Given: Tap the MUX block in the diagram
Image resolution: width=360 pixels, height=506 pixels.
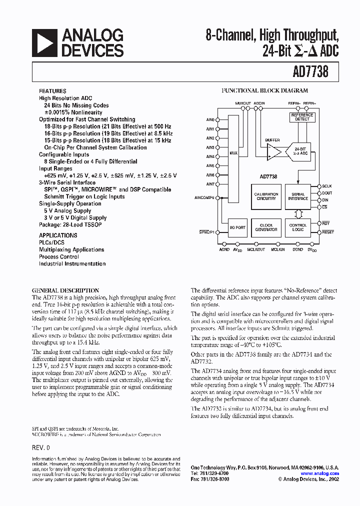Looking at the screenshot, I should [233, 153].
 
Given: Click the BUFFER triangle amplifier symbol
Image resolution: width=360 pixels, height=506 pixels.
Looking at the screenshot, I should [273, 151].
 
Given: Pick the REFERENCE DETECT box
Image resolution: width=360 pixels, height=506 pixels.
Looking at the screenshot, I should [302, 117].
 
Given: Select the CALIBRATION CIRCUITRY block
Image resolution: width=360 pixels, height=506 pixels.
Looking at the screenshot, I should [266, 196].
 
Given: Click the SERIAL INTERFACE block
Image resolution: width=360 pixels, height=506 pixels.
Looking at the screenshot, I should [298, 196].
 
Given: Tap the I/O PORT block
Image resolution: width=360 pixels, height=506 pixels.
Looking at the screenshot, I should [237, 227].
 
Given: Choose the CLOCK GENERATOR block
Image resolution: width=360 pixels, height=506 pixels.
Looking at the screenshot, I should [266, 227].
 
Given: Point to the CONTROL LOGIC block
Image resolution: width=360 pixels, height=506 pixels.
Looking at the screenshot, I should [298, 227].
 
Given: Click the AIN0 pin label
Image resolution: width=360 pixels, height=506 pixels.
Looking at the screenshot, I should [210, 120].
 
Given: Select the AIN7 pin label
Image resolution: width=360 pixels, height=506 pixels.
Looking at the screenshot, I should [210, 184].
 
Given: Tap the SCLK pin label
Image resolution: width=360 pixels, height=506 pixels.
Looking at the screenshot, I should [327, 186].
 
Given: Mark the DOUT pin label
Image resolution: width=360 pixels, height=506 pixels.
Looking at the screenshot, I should [327, 193].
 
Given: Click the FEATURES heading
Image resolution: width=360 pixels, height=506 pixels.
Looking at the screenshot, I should [52, 91].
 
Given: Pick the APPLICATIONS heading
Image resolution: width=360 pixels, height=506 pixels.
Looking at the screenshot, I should [58, 235].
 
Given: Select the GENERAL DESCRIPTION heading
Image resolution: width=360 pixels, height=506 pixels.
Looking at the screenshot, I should [65, 290].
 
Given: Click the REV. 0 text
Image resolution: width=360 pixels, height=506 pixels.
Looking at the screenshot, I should [41, 447].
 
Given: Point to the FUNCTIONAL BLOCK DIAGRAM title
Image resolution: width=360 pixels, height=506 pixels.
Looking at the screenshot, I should [264, 91].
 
